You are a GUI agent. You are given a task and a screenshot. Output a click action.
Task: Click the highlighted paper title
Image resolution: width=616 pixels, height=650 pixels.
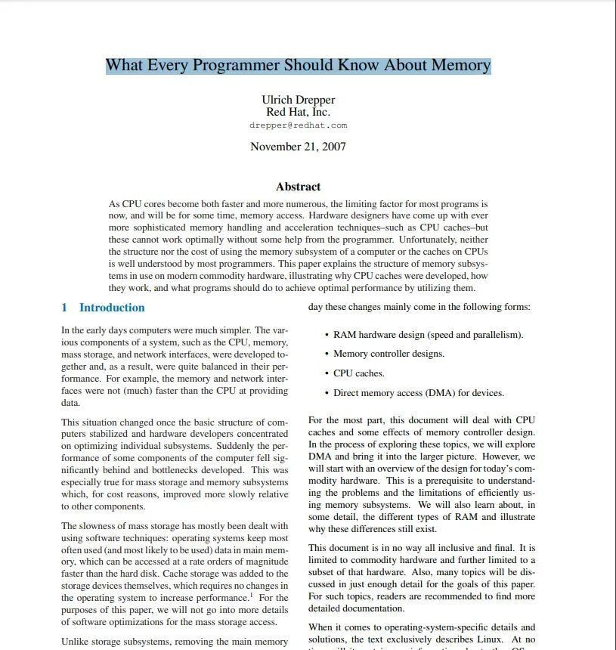pos(298,65)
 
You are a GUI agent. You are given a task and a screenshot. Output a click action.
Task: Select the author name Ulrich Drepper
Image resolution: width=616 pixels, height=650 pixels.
pos(298,100)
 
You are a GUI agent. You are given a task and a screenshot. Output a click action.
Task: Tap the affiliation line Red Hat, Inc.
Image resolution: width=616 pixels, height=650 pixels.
pos(298,112)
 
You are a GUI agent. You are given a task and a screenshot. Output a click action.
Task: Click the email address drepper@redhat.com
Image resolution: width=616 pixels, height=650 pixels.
pos(298,125)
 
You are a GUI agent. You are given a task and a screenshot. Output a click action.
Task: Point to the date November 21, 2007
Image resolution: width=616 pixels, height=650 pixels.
pos(298,147)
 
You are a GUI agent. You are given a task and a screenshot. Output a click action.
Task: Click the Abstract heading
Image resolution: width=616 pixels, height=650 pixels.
pos(298,187)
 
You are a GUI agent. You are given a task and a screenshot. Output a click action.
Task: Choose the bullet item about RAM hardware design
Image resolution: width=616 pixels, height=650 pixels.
pos(428,335)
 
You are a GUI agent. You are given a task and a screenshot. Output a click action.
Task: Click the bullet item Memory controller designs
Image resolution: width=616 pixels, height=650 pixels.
pos(388,354)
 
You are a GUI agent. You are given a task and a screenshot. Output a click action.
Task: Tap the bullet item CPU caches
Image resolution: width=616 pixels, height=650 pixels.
pos(358,373)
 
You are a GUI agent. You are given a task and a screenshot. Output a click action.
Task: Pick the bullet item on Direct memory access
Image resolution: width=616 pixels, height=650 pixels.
pos(418,393)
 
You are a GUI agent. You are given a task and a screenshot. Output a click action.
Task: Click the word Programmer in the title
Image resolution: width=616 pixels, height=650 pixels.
pos(236,65)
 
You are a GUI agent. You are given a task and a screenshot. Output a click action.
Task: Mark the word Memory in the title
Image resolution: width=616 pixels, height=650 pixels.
pos(460,65)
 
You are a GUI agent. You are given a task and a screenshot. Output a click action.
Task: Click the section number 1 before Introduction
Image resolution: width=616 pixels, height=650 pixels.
pos(64,308)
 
